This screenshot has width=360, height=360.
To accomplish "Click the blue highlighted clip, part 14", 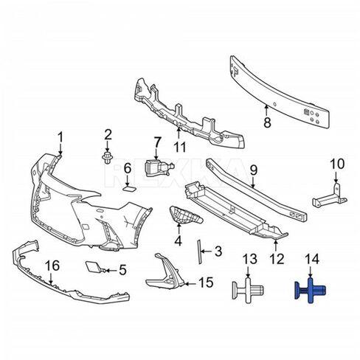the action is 311,291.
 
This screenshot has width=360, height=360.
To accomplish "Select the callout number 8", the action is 267,122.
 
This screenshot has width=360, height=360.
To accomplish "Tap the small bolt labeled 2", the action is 107,158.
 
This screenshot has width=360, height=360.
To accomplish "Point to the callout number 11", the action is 180,147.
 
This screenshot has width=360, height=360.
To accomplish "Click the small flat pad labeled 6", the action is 129,189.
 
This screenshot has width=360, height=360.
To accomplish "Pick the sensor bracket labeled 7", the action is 160,168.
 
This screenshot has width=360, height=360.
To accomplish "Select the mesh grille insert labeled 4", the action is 186,216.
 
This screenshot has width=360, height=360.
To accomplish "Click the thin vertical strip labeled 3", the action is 198,252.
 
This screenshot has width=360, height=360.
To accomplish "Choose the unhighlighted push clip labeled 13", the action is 248,291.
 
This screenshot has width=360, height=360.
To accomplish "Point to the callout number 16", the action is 53,266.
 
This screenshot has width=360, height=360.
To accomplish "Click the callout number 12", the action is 277,259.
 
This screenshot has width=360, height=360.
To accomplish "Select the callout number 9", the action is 253,170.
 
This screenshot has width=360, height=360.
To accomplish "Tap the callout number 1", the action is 60,137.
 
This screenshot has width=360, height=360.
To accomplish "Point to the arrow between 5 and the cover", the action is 111,271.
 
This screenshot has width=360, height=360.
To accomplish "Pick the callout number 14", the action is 312,259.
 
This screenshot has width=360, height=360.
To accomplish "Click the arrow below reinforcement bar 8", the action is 266,110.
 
